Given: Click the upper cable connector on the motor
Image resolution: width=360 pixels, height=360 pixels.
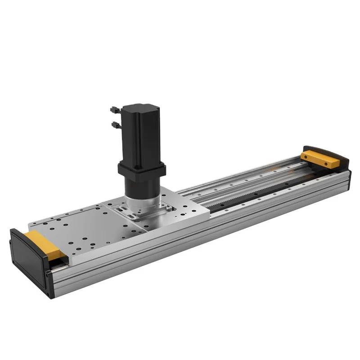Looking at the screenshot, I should coord(114,109).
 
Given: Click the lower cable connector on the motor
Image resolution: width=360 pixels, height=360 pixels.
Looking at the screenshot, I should coord(115,124).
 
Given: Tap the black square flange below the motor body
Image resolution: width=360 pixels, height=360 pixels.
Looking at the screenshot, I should coord(141,170).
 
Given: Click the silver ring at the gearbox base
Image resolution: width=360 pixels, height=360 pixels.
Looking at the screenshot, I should coord(141,202).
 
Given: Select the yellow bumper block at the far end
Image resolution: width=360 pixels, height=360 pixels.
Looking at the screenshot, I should coord(320,159).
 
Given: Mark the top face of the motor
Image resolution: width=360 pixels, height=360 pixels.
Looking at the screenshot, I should coord(140,108).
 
